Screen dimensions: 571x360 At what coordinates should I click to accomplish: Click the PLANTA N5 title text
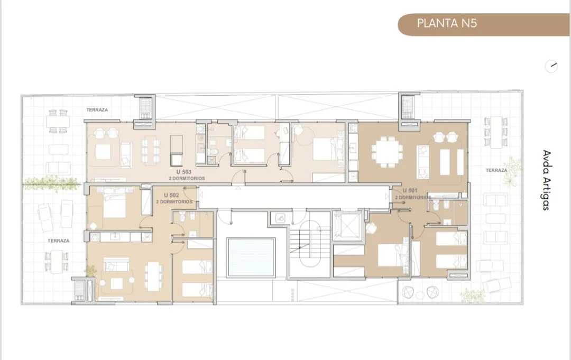point(447,24)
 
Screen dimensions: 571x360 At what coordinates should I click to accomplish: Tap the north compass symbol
point(551,66)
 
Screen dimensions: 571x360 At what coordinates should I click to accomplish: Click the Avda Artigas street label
point(546,180)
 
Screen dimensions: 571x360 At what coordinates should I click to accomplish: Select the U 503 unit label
point(184,172)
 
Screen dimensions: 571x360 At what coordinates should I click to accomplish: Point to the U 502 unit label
point(171,196)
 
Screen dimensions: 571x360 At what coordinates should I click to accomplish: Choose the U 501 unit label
point(410,190)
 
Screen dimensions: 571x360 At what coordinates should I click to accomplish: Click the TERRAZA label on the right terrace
point(496,170)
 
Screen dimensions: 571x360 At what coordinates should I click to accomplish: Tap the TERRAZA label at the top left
point(97,109)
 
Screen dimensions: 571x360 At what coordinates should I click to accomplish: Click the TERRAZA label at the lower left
point(58,241)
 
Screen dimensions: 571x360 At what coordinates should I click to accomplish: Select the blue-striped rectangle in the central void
point(251,257)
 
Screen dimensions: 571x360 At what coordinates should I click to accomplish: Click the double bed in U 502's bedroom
point(114,207)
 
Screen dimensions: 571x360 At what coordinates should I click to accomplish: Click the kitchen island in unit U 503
point(177,150)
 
